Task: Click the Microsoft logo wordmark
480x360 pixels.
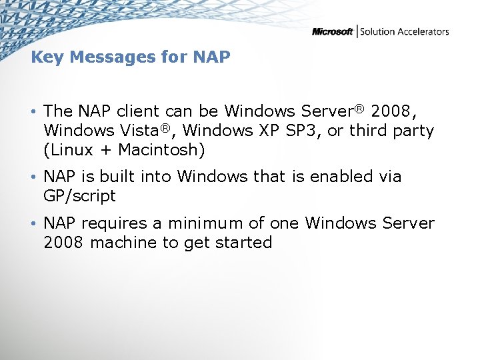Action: [332, 31]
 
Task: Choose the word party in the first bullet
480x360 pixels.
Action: [412, 131]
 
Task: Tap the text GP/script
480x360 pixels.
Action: [79, 196]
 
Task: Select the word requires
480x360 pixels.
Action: [123, 223]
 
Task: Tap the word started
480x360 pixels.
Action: [243, 242]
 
